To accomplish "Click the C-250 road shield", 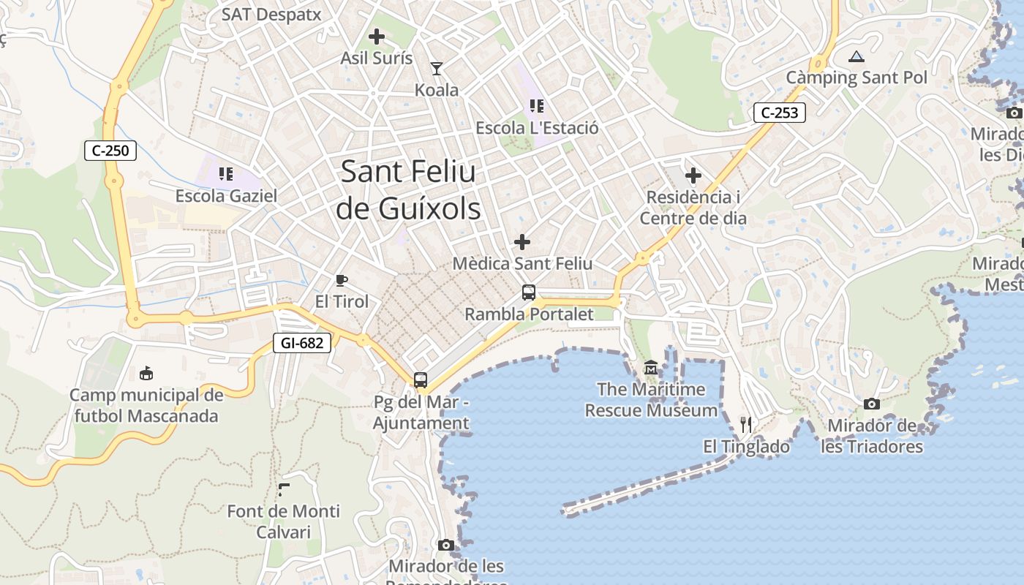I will pyautogui.click(x=110, y=151).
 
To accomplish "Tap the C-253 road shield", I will pyautogui.click(x=780, y=113).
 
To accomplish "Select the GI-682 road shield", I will pyautogui.click(x=302, y=342).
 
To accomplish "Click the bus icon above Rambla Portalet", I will pyautogui.click(x=529, y=292).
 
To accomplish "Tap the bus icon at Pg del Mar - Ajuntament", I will pyautogui.click(x=421, y=380).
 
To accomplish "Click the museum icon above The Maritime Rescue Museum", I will pyautogui.click(x=651, y=367).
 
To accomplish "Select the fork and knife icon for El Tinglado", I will pyautogui.click(x=746, y=424).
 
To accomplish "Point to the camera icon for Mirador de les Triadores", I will pyautogui.click(x=871, y=404).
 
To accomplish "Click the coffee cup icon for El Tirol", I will pyautogui.click(x=341, y=279).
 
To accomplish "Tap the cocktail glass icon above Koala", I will pyautogui.click(x=437, y=69).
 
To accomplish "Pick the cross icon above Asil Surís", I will pyautogui.click(x=377, y=36).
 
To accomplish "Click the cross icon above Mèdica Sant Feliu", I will pyautogui.click(x=522, y=241).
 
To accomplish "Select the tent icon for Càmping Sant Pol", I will pyautogui.click(x=857, y=56).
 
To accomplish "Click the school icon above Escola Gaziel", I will pyautogui.click(x=226, y=174).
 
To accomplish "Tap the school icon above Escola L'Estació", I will pyautogui.click(x=537, y=106).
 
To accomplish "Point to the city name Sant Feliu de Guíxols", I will pyautogui.click(x=408, y=190).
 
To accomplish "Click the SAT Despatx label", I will pyautogui.click(x=271, y=15).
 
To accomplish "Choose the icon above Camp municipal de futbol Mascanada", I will pyautogui.click(x=146, y=373).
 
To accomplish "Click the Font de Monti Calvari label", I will pyautogui.click(x=284, y=521).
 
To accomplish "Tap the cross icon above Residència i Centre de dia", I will pyautogui.click(x=693, y=175).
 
